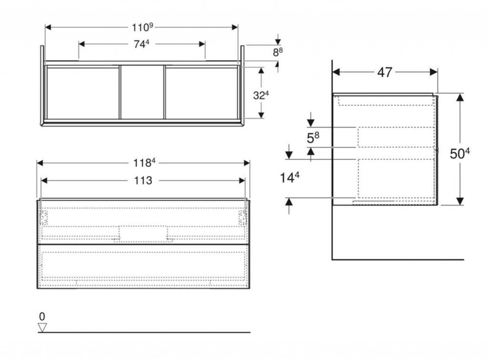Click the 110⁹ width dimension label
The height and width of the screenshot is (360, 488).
point(142,27)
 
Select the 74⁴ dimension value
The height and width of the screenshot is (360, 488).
point(142,44)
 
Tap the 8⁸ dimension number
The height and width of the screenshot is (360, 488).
point(278,52)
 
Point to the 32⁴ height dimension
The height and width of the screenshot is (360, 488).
point(261,95)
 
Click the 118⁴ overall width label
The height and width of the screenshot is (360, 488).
point(144,162)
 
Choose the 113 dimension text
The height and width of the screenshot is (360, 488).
point(143,180)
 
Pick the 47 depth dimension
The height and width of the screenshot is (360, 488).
point(385,72)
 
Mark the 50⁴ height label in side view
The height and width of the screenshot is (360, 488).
point(460,153)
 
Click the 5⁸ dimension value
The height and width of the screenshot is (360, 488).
point(313,138)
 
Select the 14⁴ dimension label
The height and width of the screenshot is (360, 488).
point(289,178)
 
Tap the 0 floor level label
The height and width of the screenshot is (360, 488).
point(42,317)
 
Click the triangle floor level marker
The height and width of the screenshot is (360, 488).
point(42,328)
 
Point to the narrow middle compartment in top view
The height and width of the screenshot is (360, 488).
point(142,92)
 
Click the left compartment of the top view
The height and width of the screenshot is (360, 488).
point(83,92)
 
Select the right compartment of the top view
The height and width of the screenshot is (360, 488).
point(202,92)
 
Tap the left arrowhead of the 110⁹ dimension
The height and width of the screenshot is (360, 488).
point(48,27)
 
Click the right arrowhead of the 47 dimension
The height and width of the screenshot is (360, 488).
point(434,72)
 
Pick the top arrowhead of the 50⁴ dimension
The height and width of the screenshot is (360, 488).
point(460,97)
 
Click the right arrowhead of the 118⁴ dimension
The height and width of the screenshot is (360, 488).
point(247,163)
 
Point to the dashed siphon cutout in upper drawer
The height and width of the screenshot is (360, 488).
point(143,234)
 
